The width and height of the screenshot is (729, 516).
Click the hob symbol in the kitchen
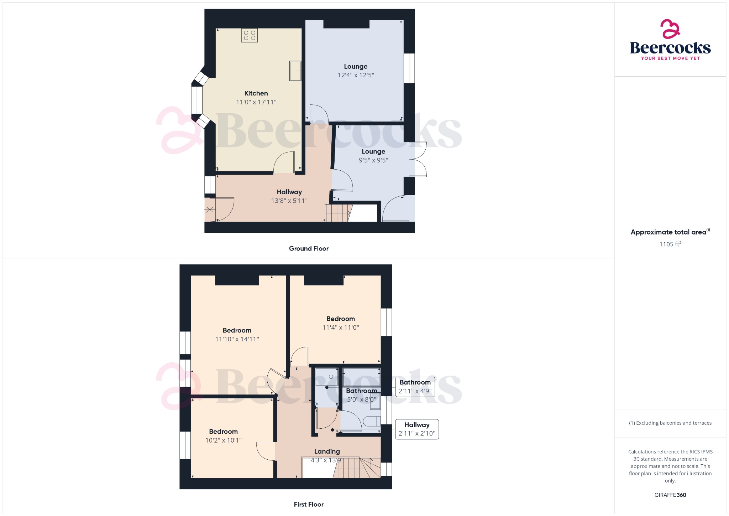click(x=249, y=35)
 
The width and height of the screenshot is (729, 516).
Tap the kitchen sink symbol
click(x=295, y=71)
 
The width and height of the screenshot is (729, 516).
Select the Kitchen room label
click(x=256, y=93)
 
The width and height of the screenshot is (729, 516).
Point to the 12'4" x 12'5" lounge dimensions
click(x=356, y=75)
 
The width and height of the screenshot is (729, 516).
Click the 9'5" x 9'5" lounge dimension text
click(x=373, y=160)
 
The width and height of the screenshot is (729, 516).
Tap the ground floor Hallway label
click(x=289, y=192)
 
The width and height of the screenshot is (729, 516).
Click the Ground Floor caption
click(x=309, y=248)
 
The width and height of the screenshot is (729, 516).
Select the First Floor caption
click(x=309, y=504)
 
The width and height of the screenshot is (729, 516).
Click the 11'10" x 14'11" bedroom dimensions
click(x=237, y=339)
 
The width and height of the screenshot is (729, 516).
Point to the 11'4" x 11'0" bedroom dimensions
click(x=340, y=327)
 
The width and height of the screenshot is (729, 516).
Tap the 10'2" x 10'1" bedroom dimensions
click(x=223, y=440)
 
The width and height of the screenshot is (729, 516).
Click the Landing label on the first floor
click(x=327, y=451)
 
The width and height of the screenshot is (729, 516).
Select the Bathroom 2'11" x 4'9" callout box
click(x=415, y=387)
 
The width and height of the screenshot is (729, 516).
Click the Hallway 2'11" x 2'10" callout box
click(x=417, y=429)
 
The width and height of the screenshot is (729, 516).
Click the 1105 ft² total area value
click(x=670, y=244)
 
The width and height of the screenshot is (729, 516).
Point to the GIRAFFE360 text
click(x=670, y=495)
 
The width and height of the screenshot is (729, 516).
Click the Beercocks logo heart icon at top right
click(x=670, y=29)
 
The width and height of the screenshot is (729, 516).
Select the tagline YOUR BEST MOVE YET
click(x=670, y=58)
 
